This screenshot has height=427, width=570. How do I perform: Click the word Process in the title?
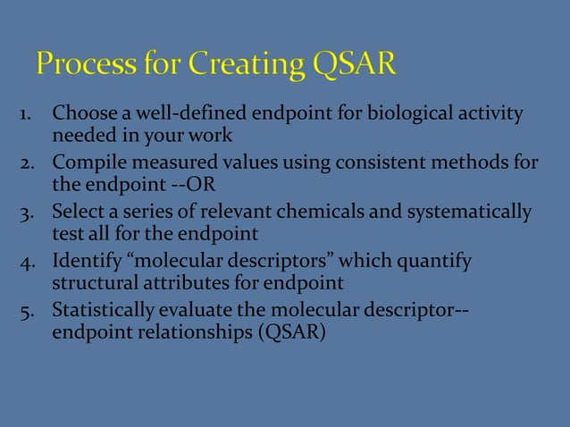[86, 66]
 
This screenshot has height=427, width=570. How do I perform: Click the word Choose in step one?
[81, 115]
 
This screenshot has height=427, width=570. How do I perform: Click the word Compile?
[84, 164]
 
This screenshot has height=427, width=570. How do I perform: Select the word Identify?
[83, 263]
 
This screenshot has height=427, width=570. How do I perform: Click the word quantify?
[440, 263]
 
